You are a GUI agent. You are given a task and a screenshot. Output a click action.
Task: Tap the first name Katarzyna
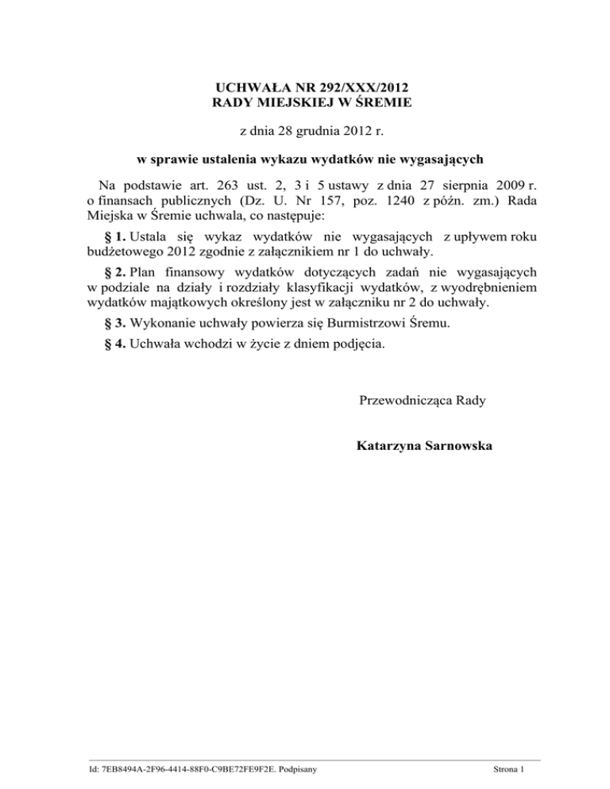(x=392, y=446)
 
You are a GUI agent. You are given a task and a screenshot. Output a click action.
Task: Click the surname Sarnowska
(x=461, y=446)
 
